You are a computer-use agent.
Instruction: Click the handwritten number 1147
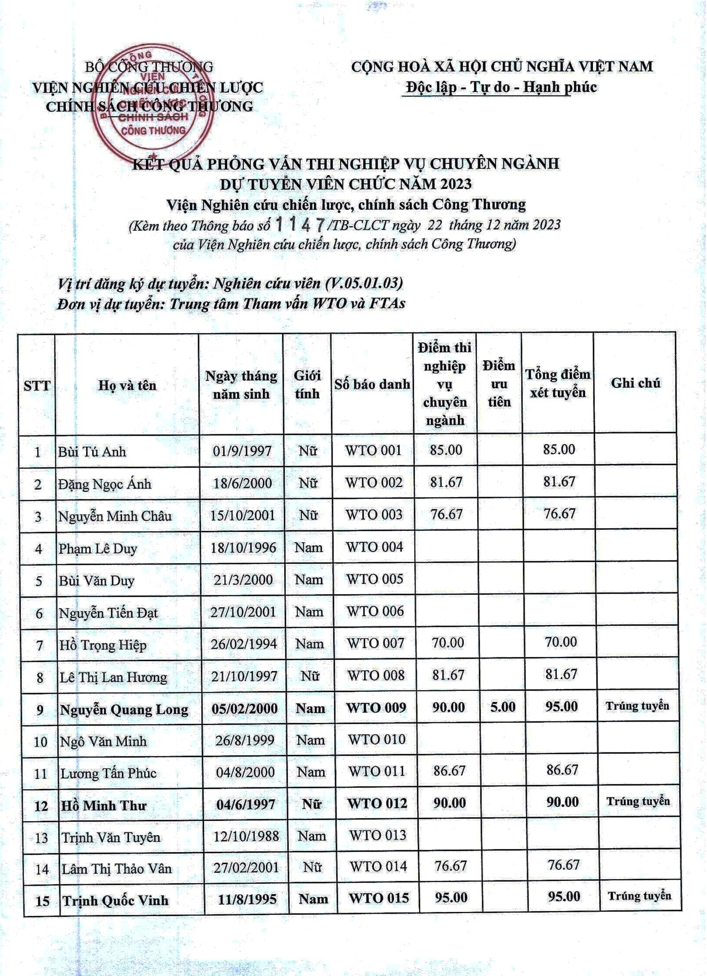pyautogui.click(x=301, y=225)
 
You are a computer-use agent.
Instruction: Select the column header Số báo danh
pyautogui.click(x=372, y=384)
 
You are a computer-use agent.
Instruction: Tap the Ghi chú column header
pyautogui.click(x=635, y=383)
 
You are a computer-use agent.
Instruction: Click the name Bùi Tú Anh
pyautogui.click(x=92, y=451)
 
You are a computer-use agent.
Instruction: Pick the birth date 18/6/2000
pyautogui.click(x=242, y=483)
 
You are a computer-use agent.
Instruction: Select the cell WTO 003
pyautogui.click(x=374, y=515)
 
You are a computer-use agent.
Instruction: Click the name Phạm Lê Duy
pyautogui.click(x=98, y=548)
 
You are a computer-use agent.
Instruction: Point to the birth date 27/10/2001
pyautogui.click(x=243, y=612)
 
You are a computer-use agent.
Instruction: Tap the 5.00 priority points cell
pyautogui.click(x=503, y=707)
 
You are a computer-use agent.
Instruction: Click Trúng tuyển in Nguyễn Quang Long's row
pyautogui.click(x=637, y=706)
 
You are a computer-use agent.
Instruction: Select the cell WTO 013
pyautogui.click(x=378, y=835)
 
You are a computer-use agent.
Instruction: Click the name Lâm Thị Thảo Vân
pyautogui.click(x=117, y=869)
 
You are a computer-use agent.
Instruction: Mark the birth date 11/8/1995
pyautogui.click(x=247, y=899)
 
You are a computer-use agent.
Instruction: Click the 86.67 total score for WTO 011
pyautogui.click(x=562, y=770)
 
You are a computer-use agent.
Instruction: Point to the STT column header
pyautogui.click(x=37, y=386)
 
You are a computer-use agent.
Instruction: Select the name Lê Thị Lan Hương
pyautogui.click(x=113, y=677)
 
